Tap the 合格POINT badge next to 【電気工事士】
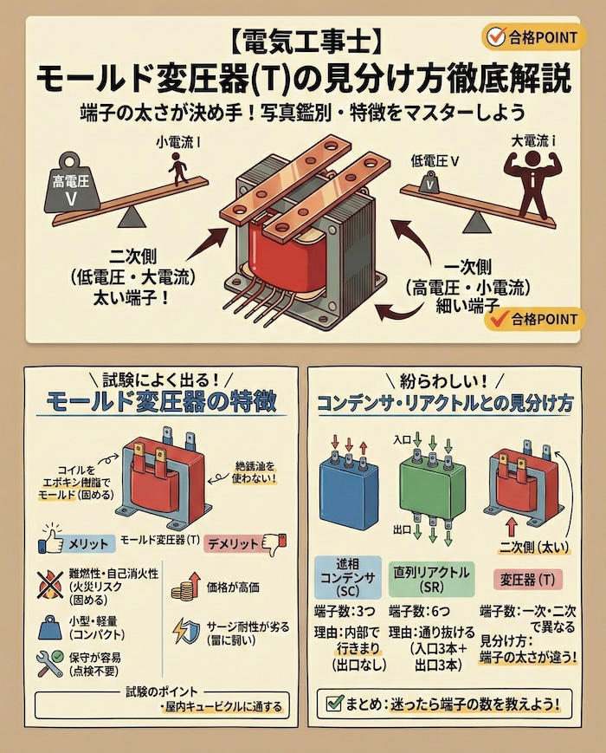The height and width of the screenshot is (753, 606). click(x=530, y=37)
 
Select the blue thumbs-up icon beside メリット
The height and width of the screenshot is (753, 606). click(x=54, y=543)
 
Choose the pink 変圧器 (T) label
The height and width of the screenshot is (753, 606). click(x=528, y=576)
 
